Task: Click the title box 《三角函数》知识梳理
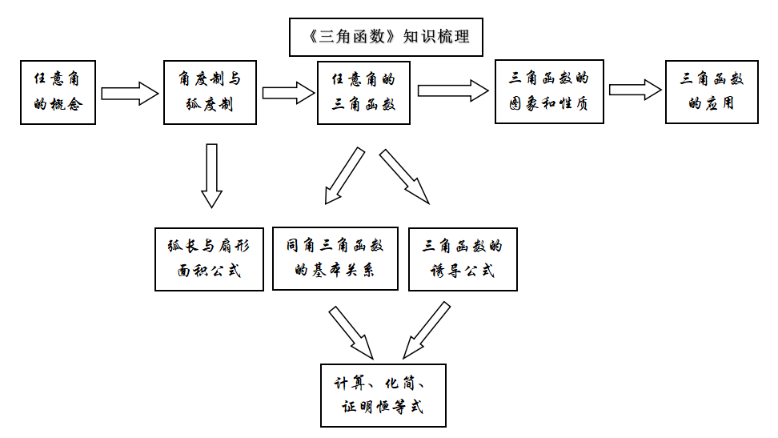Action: [386, 37]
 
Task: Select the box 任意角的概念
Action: [58, 91]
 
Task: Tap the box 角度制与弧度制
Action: [210, 91]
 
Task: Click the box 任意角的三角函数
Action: [363, 91]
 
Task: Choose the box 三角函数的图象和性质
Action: [548, 91]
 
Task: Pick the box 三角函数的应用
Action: [711, 91]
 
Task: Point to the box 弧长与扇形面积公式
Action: [209, 259]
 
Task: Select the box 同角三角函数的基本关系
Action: [335, 258]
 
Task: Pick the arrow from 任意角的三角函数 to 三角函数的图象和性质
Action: [452, 90]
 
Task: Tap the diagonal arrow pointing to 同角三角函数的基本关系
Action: [343, 176]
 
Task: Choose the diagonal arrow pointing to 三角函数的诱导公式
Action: [404, 176]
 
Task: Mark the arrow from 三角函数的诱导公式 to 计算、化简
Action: [426, 330]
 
